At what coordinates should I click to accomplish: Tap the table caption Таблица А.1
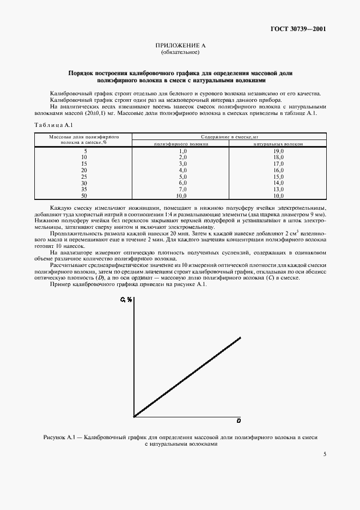point(50,125)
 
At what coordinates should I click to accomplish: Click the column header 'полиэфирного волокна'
point(180,144)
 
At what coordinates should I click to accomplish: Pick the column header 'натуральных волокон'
point(278,144)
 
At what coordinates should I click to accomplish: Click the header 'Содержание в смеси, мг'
point(229,137)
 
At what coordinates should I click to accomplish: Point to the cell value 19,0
point(278,150)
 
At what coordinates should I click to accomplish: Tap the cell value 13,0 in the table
point(278,189)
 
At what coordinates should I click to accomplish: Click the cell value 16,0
point(278,169)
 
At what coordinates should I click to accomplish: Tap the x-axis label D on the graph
point(239,421)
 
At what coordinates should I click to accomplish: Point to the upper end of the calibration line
point(240,338)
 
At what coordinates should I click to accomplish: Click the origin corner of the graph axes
point(133,417)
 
